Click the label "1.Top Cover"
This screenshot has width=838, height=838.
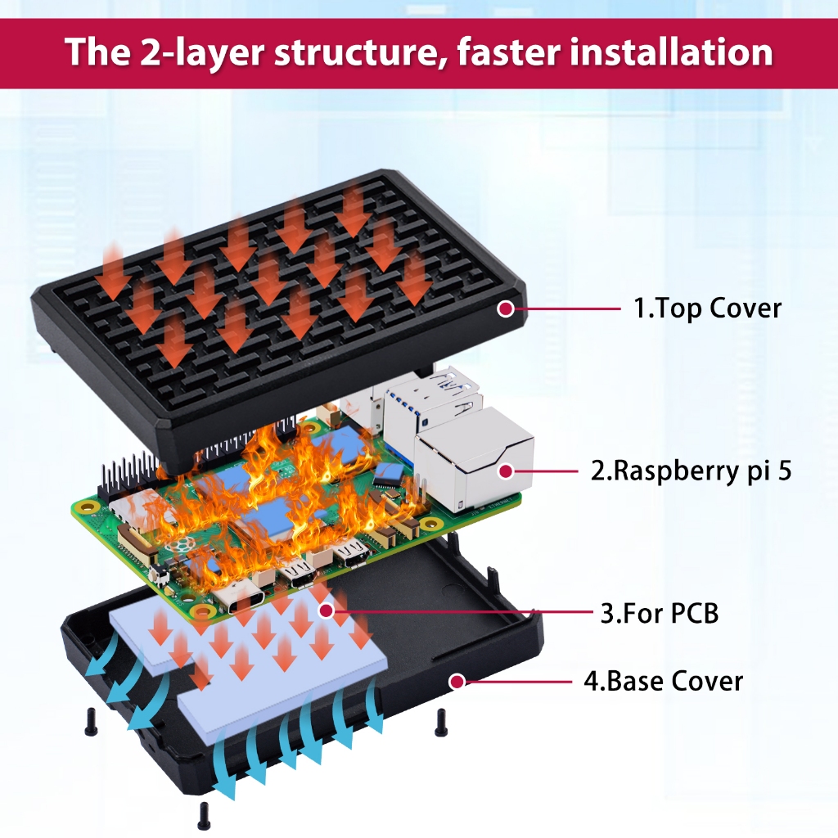(707, 309)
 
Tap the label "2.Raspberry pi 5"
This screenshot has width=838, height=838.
(691, 471)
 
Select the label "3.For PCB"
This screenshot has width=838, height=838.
(660, 613)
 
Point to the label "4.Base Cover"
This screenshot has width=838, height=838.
(663, 682)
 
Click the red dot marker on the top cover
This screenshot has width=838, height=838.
(505, 309)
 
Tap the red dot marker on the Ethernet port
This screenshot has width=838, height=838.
(505, 471)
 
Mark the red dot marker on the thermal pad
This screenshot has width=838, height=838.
(326, 610)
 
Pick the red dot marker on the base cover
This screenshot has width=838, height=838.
(457, 682)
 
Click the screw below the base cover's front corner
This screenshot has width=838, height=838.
(203, 817)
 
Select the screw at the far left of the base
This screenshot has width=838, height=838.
(90, 722)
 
